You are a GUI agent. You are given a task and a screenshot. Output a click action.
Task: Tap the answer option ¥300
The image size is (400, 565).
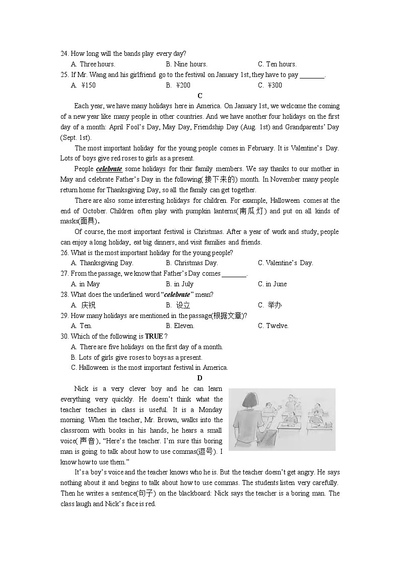pos(270,85)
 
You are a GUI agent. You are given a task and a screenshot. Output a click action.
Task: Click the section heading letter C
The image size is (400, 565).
pos(200,96)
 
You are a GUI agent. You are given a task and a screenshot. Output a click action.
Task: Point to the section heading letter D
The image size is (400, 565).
pos(200,378)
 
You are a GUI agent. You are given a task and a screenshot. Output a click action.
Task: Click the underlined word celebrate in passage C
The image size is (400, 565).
pos(109,169)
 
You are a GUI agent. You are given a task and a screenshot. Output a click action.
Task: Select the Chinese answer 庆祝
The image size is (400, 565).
pos(88,305)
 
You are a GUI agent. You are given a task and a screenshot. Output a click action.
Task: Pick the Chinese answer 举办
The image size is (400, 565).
pos(275,305)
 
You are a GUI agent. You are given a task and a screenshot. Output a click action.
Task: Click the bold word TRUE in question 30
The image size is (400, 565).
pos(154,336)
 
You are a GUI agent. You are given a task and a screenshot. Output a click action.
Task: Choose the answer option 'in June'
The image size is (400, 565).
pos(272,284)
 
